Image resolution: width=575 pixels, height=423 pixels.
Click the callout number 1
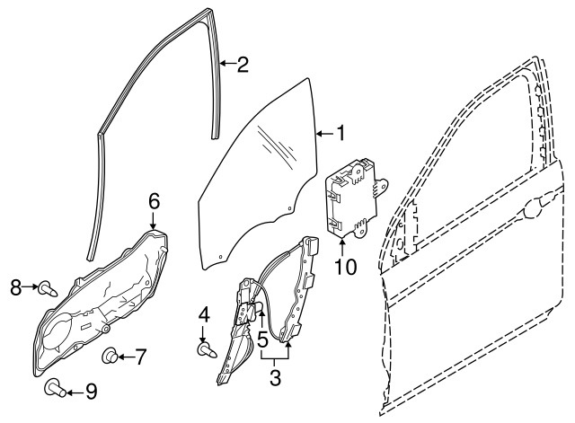(x=341, y=133)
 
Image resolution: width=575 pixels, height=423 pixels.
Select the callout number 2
(x=243, y=64)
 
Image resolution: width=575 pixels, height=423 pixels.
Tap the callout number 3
(x=275, y=377)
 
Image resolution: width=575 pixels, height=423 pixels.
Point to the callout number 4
(x=204, y=315)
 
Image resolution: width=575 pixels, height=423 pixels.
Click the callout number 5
(x=262, y=339)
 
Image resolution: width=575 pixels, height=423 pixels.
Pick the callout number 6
(x=154, y=201)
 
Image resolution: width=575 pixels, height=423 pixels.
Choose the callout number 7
(x=140, y=357)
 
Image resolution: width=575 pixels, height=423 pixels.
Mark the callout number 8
(x=16, y=287)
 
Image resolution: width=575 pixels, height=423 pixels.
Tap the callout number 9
(x=91, y=391)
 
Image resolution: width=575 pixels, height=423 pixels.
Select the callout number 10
(x=345, y=267)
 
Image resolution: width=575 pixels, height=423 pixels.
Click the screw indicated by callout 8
(x=48, y=288)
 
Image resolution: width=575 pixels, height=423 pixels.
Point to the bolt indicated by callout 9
(x=55, y=389)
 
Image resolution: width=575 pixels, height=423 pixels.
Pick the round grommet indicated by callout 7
(x=110, y=356)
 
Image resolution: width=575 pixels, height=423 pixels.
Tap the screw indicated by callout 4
(x=207, y=349)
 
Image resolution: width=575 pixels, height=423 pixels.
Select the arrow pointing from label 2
(x=228, y=64)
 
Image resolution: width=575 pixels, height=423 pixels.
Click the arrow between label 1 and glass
(x=325, y=134)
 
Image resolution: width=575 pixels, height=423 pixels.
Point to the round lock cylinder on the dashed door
(x=533, y=209)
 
